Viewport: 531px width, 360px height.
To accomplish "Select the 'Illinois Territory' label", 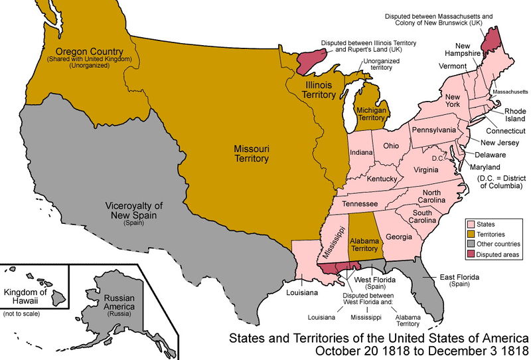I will (310, 90).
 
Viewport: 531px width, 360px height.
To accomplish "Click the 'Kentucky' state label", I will (382, 179).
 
